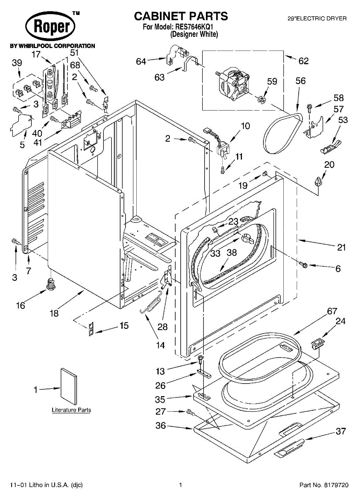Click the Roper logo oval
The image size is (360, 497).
[x=50, y=27]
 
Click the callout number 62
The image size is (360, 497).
[x=303, y=61]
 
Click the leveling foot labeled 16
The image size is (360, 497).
[x=51, y=283]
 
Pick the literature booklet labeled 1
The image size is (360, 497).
[x=69, y=387]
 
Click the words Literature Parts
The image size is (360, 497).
[x=72, y=410]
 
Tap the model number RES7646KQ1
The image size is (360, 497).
[x=194, y=27]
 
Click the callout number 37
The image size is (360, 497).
[x=341, y=431]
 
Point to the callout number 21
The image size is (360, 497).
[x=341, y=247]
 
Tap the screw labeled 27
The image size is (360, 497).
[x=191, y=413]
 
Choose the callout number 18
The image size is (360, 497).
[x=54, y=313]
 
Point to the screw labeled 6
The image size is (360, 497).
[x=304, y=264]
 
